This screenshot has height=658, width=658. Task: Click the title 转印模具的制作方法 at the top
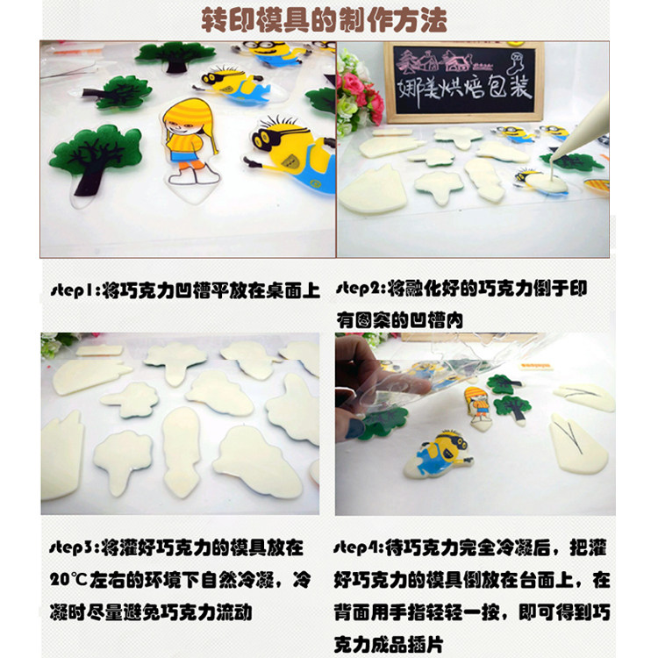tap(324, 19)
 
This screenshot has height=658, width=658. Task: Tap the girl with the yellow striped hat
tap(190, 143)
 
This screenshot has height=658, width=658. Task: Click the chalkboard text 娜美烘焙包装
tap(465, 89)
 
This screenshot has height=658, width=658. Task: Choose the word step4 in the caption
tap(359, 547)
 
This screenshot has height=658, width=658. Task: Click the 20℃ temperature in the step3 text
tap(68, 580)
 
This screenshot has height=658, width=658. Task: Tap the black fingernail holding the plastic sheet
tap(355, 429)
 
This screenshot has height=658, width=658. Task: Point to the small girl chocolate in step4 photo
tap(480, 407)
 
